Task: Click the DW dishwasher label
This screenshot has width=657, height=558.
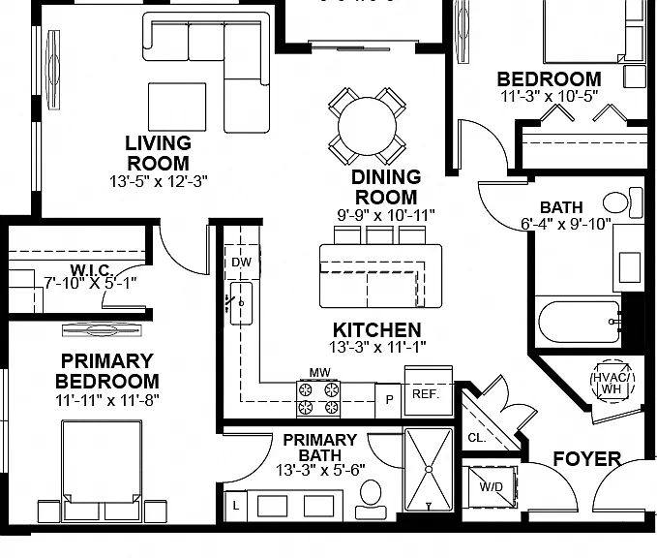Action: (x=241, y=263)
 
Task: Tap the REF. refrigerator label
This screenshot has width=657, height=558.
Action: (x=426, y=394)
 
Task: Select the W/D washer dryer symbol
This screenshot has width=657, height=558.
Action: (x=492, y=486)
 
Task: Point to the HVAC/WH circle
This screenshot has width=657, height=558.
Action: (x=612, y=381)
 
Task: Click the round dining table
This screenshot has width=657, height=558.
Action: (x=367, y=126)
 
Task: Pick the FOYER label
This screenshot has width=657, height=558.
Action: (x=587, y=459)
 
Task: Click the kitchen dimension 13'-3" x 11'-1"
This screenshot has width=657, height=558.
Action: (x=377, y=347)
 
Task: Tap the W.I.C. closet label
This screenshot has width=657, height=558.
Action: (x=91, y=269)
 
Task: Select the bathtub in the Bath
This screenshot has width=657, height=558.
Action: (x=580, y=322)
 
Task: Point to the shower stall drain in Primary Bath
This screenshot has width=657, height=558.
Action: (x=429, y=469)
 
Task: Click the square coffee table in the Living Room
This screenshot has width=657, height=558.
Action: (x=177, y=107)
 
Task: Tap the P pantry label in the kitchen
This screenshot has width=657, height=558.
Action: (x=389, y=400)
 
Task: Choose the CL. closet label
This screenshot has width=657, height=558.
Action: (x=477, y=438)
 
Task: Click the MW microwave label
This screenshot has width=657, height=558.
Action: (x=319, y=372)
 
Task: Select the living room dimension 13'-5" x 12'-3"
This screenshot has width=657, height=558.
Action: (x=159, y=181)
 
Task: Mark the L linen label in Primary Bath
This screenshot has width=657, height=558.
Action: (x=236, y=506)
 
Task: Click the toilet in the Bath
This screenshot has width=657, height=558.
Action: (x=622, y=202)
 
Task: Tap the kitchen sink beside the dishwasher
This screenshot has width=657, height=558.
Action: (x=241, y=303)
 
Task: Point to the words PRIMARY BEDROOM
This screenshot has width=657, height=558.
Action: (x=107, y=371)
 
